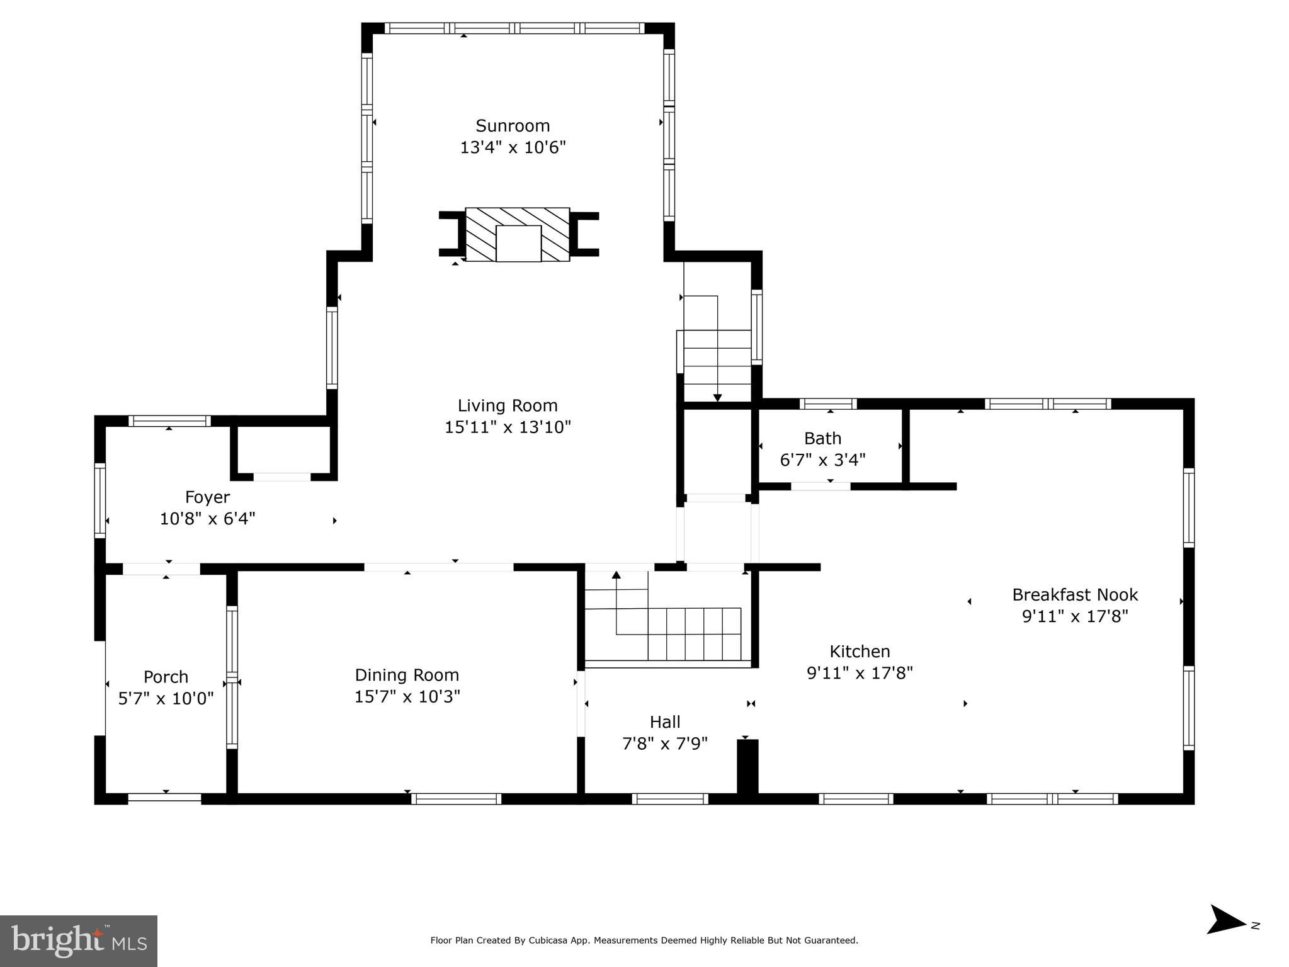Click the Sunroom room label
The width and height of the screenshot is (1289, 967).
pyautogui.click(x=513, y=126)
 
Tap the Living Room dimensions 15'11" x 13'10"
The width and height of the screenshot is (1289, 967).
pyautogui.click(x=508, y=427)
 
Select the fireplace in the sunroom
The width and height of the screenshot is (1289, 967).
pyautogui.click(x=518, y=235)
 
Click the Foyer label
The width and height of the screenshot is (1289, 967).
pyautogui.click(x=207, y=497)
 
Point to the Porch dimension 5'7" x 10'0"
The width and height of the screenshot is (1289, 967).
pyautogui.click(x=166, y=699)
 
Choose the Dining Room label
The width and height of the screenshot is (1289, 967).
pyautogui.click(x=407, y=675)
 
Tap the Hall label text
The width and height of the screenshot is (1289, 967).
pyautogui.click(x=665, y=721)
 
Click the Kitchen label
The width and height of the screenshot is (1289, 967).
pyautogui.click(x=860, y=651)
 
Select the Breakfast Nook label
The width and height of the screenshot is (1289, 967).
pyautogui.click(x=1075, y=594)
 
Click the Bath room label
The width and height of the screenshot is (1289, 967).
pyautogui.click(x=822, y=438)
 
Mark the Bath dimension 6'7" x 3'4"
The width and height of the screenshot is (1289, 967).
pyautogui.click(x=822, y=460)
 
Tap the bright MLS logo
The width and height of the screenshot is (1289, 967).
pyautogui.click(x=79, y=941)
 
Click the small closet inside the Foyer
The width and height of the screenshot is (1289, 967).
pyautogui.click(x=283, y=450)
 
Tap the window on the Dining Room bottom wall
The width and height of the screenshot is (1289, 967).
pyautogui.click(x=456, y=799)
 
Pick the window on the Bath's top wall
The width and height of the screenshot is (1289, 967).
pyautogui.click(x=828, y=404)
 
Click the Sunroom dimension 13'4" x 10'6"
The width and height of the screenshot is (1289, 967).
pyautogui.click(x=513, y=148)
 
